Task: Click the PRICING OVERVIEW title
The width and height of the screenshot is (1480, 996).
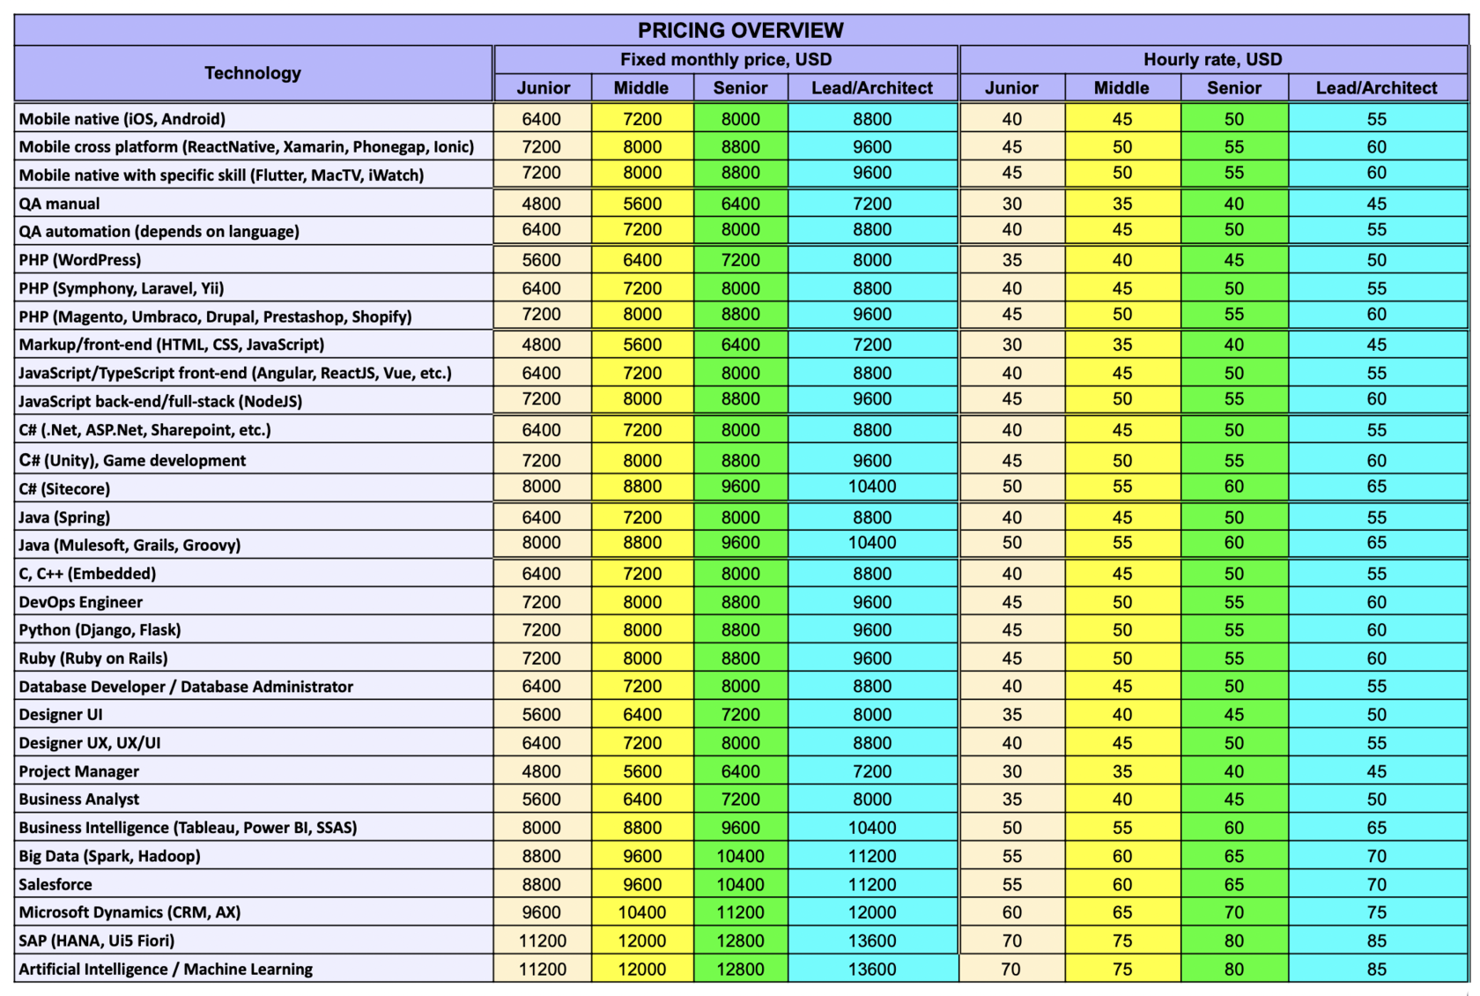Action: tap(740, 30)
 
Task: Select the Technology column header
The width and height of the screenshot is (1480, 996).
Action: tap(253, 73)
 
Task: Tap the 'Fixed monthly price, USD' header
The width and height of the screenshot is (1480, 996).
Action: tap(726, 59)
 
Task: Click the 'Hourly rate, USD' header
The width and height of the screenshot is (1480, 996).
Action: tap(1212, 59)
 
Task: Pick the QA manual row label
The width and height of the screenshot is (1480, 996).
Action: tap(60, 204)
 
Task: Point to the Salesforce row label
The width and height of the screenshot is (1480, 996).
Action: tap(55, 884)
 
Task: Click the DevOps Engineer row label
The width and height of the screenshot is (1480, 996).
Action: tap(81, 602)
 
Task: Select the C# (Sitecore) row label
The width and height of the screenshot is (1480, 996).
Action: tap(64, 488)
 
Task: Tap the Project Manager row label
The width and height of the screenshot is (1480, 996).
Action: tap(79, 771)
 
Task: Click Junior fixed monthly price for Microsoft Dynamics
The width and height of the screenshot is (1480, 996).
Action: tap(542, 912)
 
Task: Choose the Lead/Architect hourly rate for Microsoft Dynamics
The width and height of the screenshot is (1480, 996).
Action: tap(1376, 912)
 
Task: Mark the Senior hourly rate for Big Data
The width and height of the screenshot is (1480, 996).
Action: tap(1233, 856)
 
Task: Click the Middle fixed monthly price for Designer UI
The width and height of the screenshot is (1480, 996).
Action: tap(641, 715)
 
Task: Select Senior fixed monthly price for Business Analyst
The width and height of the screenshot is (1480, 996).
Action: tap(740, 799)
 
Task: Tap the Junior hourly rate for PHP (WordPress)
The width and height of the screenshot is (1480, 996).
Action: tap(1011, 260)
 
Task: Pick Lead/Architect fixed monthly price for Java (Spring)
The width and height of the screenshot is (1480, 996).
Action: tap(871, 517)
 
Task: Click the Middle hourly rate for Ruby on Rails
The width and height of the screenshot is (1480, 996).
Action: tap(1121, 658)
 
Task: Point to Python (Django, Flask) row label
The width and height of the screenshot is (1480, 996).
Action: tap(100, 630)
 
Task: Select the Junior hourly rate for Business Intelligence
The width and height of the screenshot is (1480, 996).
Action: tap(1011, 828)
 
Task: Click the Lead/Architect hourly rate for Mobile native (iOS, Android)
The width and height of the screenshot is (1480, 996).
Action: tap(1376, 119)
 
